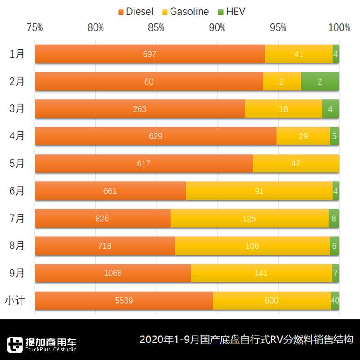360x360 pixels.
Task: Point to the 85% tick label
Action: pos(156,28)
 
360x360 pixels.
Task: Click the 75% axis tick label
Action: pos(35,28)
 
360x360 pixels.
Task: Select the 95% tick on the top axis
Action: pos(278,28)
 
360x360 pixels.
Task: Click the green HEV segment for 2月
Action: pos(320,81)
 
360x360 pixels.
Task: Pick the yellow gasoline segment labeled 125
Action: pos(249,219)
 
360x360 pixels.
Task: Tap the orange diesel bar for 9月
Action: pos(112,273)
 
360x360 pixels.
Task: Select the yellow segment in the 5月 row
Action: pos(296,164)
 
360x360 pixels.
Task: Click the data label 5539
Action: pos(124,301)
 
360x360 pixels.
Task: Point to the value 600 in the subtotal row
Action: pos(272,301)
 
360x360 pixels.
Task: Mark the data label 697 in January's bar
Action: pos(149,54)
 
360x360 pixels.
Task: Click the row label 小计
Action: pos(15,301)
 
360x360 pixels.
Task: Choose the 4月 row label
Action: pos(17,136)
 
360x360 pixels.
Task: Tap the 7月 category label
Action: pos(17,219)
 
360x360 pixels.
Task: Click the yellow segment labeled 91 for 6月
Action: pos(259,191)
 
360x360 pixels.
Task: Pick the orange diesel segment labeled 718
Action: pos(104,246)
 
